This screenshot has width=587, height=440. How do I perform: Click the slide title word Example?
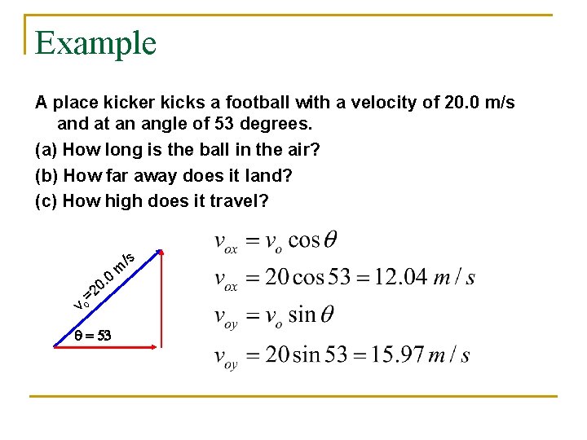point(95,42)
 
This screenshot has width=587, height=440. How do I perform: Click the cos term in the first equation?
point(303,240)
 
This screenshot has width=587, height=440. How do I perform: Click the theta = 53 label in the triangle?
point(92,335)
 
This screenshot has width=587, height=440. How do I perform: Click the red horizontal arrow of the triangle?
point(106,347)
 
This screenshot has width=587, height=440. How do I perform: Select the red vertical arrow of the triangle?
point(161,297)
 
